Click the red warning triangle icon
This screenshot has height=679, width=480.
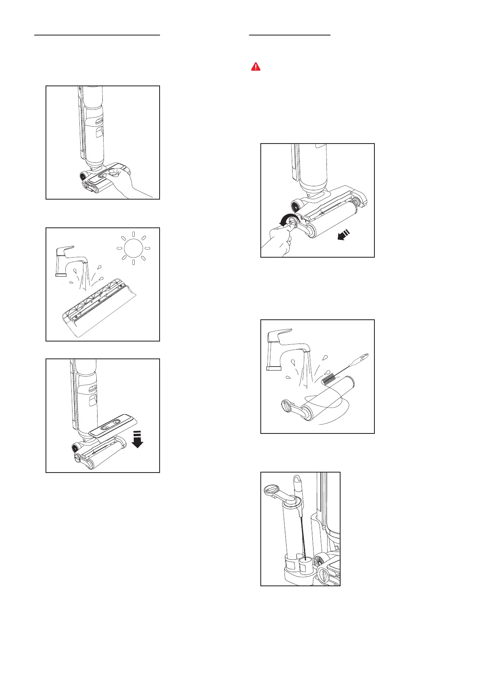click(x=256, y=67)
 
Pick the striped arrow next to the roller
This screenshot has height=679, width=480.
click(x=345, y=236)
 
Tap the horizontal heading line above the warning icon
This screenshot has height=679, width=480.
click(x=290, y=35)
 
